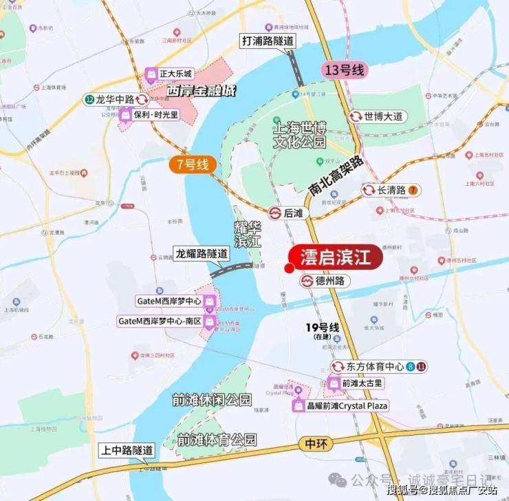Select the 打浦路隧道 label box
pos(268,41)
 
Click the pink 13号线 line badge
pos(346,70)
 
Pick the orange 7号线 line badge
pos(193,164)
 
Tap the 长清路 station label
pos(391,190)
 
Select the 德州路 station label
pos(325,281)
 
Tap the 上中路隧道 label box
pos(126,450)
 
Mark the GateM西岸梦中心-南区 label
pos(166,321)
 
